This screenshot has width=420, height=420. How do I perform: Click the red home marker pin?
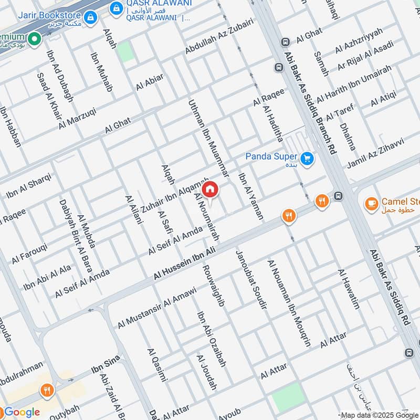[x=210, y=190]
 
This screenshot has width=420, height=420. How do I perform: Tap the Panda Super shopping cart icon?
[x=307, y=157]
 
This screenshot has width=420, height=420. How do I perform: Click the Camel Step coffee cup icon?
[x=371, y=203]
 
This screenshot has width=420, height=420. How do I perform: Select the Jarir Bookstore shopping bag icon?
[x=91, y=17]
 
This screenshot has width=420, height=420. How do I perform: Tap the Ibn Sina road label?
[x=106, y=364]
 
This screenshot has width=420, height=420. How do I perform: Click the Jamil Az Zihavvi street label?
[x=375, y=153]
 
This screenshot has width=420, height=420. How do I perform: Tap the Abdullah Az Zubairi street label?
[x=219, y=36]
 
